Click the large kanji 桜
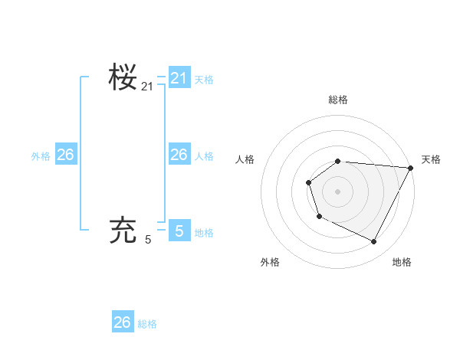click(123, 77)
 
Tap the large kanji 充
click(123, 230)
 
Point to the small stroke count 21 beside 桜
click(147, 87)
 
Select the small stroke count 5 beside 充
click(148, 240)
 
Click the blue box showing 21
click(179, 78)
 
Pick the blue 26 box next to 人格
click(179, 155)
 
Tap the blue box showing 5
click(179, 231)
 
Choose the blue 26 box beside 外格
click(65, 155)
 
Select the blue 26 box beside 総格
click(123, 322)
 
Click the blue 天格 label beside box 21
click(204, 79)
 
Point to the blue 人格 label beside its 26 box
click(204, 155)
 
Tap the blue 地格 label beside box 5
click(204, 232)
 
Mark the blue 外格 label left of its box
click(41, 155)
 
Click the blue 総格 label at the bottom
click(147, 323)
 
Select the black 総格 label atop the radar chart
click(338, 100)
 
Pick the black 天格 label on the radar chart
click(431, 159)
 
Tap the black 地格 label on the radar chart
click(402, 262)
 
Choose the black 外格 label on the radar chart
click(270, 262)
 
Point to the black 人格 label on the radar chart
click(245, 159)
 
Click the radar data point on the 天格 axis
click(411, 168)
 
